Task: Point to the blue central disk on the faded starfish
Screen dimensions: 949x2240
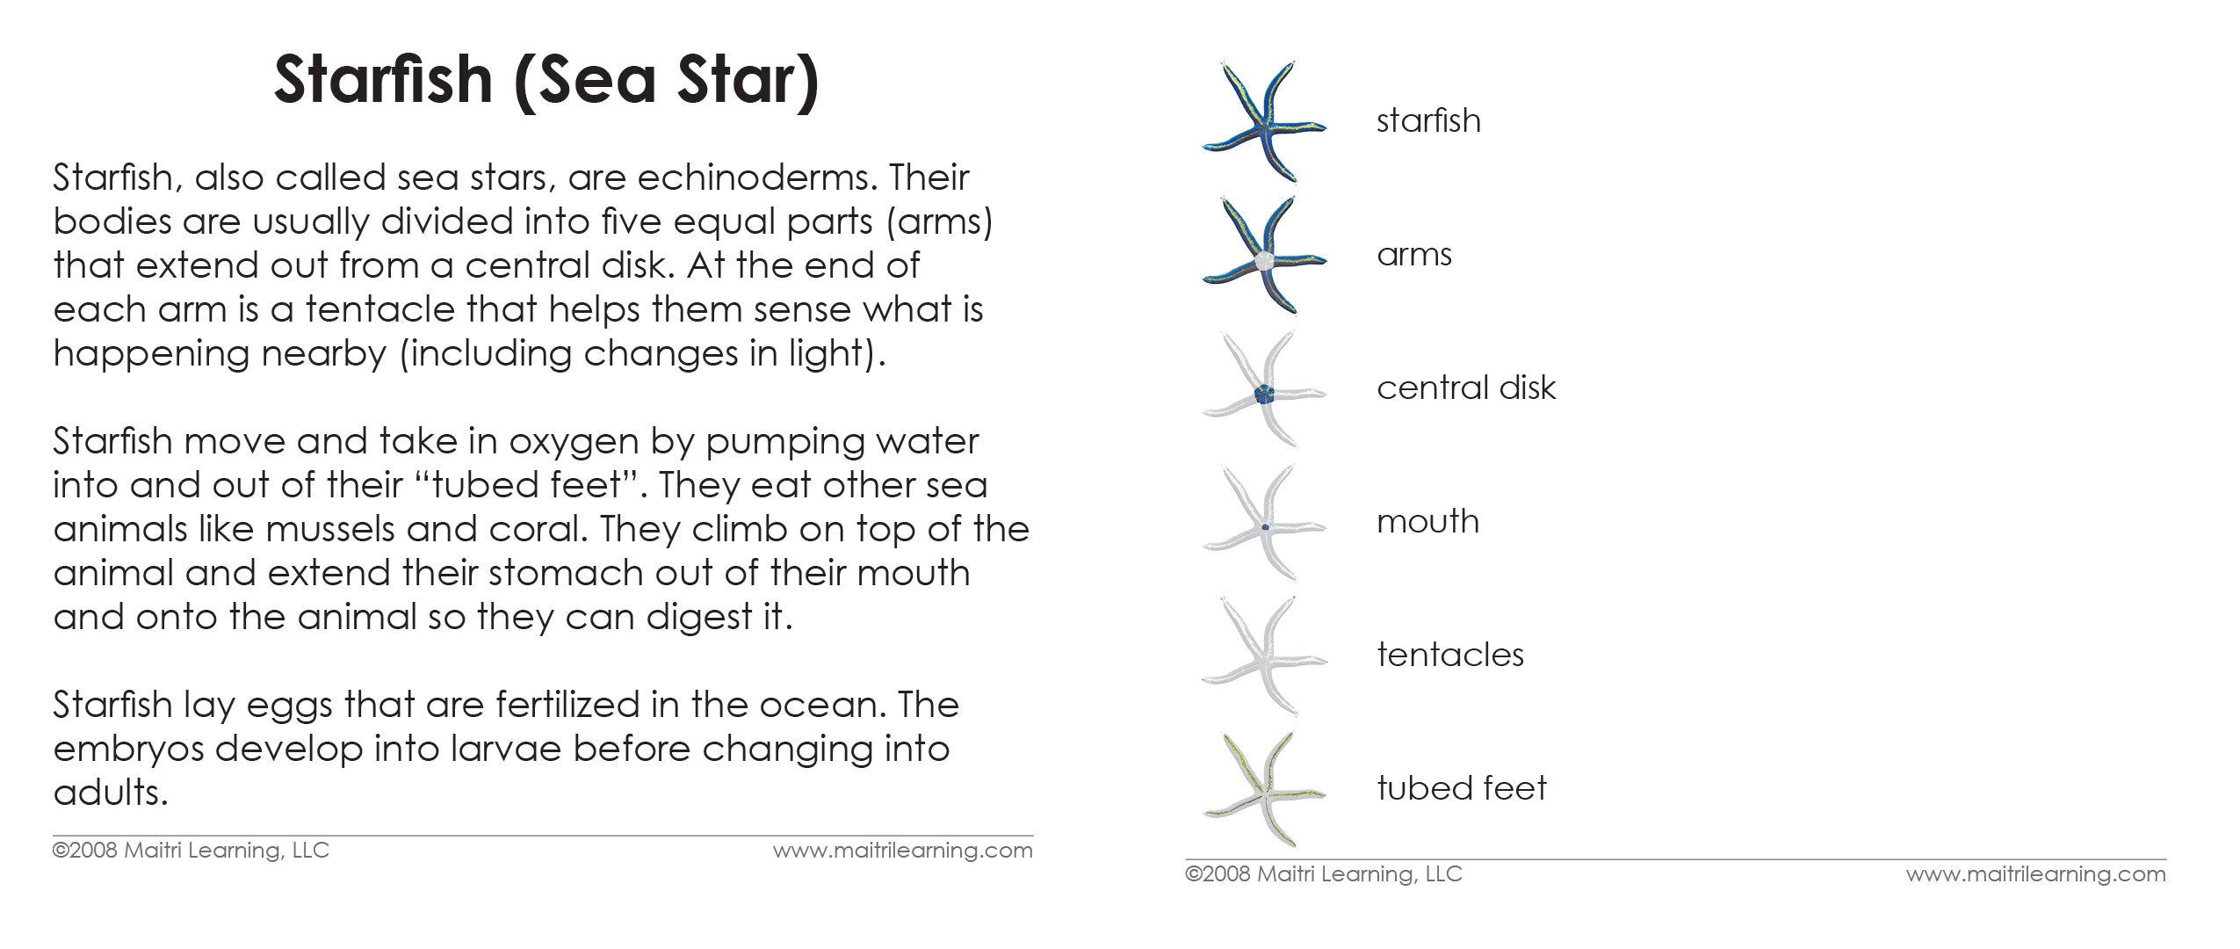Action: coord(1264,395)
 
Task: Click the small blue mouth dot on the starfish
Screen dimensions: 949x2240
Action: coord(1265,527)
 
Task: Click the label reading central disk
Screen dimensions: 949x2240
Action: coord(1465,388)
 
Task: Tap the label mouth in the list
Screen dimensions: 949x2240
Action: coord(1427,522)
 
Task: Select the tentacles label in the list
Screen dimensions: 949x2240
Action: coord(1449,656)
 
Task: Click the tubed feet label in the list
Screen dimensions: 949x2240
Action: coord(1461,788)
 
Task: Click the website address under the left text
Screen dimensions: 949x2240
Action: coord(902,851)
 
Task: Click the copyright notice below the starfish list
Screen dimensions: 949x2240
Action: coord(1323,874)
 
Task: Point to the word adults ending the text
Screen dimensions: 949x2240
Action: coord(110,793)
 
